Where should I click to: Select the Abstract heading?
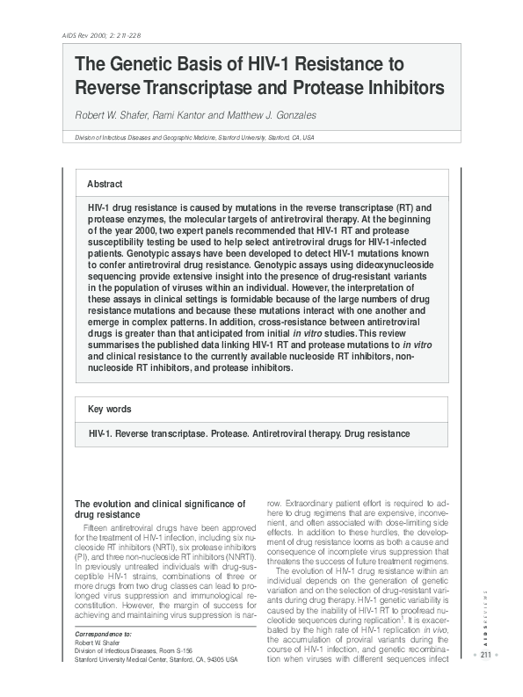coord(105,184)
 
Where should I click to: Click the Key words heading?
coord(110,410)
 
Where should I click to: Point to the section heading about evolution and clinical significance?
coord(159,508)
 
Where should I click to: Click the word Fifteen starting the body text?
coord(100,526)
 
